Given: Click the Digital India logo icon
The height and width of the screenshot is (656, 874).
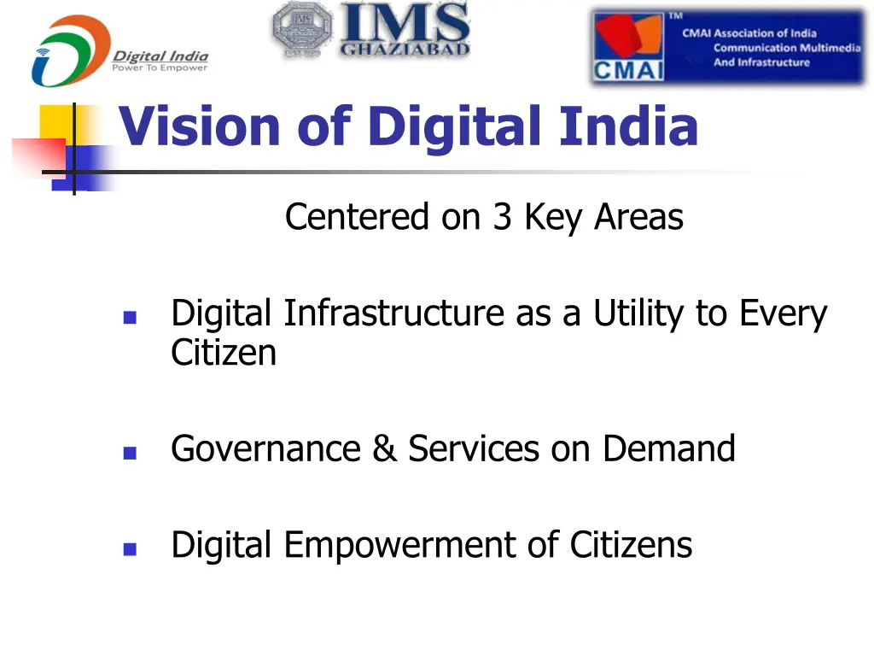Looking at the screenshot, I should pos(70,51).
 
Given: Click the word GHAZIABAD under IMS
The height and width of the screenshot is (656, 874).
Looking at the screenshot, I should pos(405,49).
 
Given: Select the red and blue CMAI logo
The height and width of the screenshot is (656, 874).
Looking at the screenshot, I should pos(628,48).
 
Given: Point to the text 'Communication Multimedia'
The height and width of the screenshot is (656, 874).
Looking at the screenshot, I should pos(787,48).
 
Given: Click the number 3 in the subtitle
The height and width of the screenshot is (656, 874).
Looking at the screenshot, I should pos(501,217).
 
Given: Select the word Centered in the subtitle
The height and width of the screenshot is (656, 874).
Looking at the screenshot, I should pos(358,217).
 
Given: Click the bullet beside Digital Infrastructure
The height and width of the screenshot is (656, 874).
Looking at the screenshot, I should pos(130,317).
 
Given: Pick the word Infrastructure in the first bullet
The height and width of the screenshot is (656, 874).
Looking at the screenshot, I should pos(393,314).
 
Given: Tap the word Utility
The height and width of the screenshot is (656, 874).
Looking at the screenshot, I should pos(640,314).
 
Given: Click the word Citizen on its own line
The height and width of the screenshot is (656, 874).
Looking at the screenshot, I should pos(224,353).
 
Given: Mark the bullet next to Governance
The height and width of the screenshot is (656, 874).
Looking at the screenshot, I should pos(130,454).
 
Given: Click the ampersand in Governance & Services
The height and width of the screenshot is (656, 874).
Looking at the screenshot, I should pos(384,449).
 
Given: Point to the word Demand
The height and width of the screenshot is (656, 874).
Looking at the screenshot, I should pos(668,449).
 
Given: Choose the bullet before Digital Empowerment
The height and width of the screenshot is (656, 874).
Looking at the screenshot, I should pos(130,549).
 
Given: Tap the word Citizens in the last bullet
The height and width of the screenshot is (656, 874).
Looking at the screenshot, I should pos(631,545).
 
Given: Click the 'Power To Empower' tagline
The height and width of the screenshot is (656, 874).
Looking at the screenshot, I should pos(160,68).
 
